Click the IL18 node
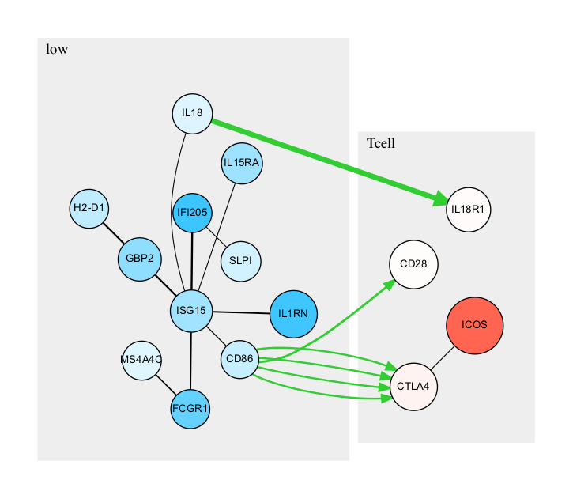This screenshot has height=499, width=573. [192, 113]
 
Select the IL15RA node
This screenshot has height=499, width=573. [242, 164]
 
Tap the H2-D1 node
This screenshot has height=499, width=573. [89, 208]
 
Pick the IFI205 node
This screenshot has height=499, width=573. [192, 214]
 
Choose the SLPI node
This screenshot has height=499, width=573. [240, 262]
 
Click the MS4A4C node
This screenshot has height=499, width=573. [142, 360]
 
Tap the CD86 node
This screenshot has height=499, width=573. [240, 360]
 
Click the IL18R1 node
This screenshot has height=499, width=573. [469, 210]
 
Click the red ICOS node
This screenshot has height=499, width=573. [474, 325]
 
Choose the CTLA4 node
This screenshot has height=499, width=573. [413, 387]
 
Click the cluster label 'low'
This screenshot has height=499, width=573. [57, 50]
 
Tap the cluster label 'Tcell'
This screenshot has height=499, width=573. [381, 144]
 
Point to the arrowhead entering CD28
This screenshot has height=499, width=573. [389, 282]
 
